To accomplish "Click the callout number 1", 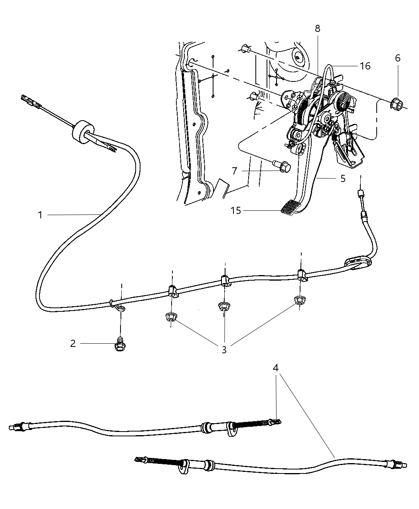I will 40,215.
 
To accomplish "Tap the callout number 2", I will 73,344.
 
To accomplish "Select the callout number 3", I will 224,350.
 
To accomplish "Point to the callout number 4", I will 276,368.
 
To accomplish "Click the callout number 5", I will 343,179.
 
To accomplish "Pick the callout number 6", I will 397,58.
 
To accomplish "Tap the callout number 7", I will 235,171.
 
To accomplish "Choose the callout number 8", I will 317,29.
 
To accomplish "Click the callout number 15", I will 236,210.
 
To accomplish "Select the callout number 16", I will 365,66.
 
